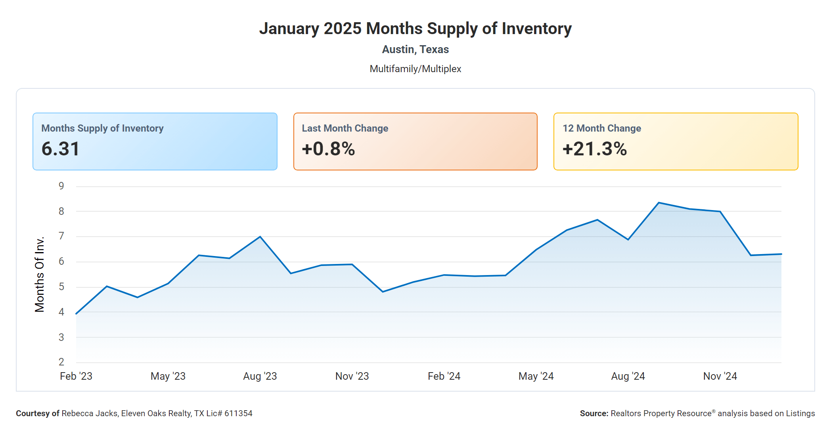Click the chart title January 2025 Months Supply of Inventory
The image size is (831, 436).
pyautogui.click(x=415, y=29)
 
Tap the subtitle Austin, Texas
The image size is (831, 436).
pyautogui.click(x=415, y=50)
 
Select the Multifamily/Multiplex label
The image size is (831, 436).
pyautogui.click(x=415, y=69)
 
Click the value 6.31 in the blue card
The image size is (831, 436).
pyautogui.click(x=61, y=149)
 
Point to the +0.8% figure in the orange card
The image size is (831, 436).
pyautogui.click(x=328, y=149)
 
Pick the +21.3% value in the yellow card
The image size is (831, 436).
pyautogui.click(x=594, y=149)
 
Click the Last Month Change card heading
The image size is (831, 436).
pyautogui.click(x=345, y=128)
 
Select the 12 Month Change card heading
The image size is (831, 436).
pyautogui.click(x=601, y=128)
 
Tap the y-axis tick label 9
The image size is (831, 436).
pyautogui.click(x=61, y=186)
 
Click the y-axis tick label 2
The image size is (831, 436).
pyautogui.click(x=61, y=362)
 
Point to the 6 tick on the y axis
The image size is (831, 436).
pyautogui.click(x=61, y=261)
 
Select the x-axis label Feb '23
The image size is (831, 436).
pyautogui.click(x=76, y=376)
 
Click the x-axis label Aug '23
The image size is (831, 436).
pyautogui.click(x=260, y=376)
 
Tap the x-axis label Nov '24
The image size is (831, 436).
pyautogui.click(x=720, y=376)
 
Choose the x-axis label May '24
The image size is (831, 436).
pyautogui.click(x=536, y=376)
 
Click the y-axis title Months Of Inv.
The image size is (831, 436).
pyautogui.click(x=40, y=274)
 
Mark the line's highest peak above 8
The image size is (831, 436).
pyautogui.click(x=659, y=203)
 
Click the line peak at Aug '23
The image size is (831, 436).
pyautogui.click(x=260, y=237)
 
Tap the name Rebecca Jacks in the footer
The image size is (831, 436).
pyautogui.click(x=90, y=413)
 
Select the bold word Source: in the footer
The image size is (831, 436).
pyautogui.click(x=594, y=413)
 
